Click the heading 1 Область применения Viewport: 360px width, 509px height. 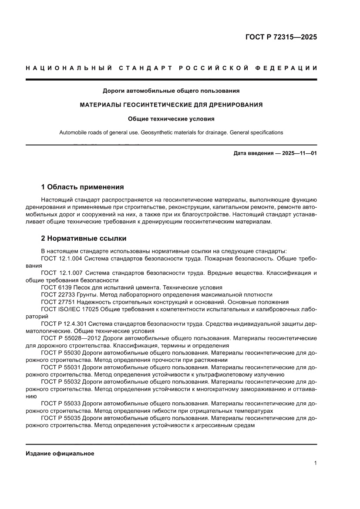[x=82, y=187]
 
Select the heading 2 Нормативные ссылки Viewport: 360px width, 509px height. [x=84, y=239]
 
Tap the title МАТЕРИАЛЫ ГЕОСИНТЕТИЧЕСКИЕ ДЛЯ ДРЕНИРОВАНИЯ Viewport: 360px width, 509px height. [x=171, y=105]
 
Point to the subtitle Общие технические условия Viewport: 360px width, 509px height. [x=171, y=118]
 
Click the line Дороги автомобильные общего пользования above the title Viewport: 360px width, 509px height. [x=171, y=91]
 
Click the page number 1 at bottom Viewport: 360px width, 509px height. [x=315, y=463]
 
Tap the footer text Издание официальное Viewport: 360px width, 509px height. [x=60, y=453]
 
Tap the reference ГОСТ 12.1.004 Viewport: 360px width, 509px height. [x=61, y=259]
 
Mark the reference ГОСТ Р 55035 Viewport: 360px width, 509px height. [x=61, y=418]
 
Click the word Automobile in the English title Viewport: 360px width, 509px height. [x=72, y=132]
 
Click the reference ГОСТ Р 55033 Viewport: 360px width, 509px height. [x=61, y=404]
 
